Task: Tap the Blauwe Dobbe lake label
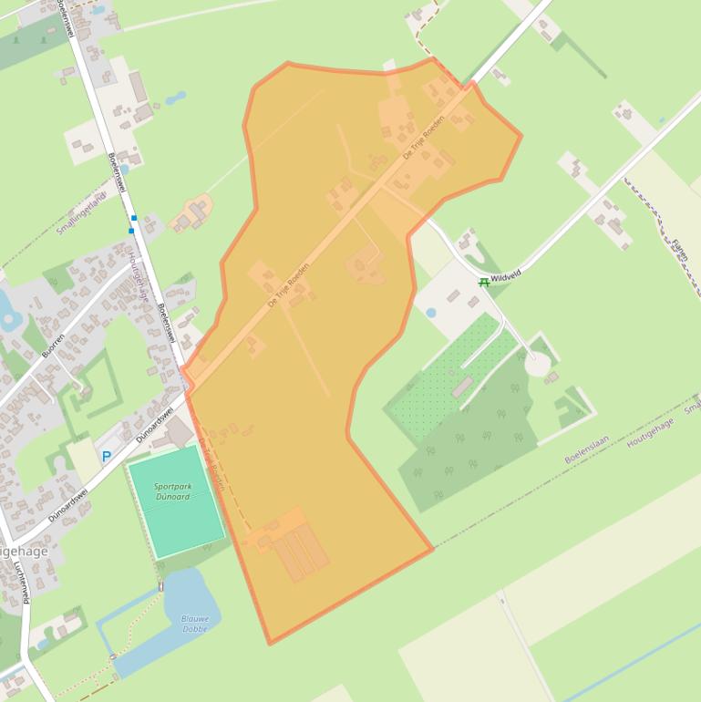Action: click(x=194, y=624)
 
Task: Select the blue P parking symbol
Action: click(x=107, y=457)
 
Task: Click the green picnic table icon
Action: click(x=484, y=283)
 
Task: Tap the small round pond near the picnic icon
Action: click(x=430, y=313)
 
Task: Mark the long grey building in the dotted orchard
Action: click(x=462, y=387)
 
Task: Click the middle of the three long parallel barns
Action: click(x=300, y=555)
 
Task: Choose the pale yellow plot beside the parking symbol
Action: click(x=85, y=461)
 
